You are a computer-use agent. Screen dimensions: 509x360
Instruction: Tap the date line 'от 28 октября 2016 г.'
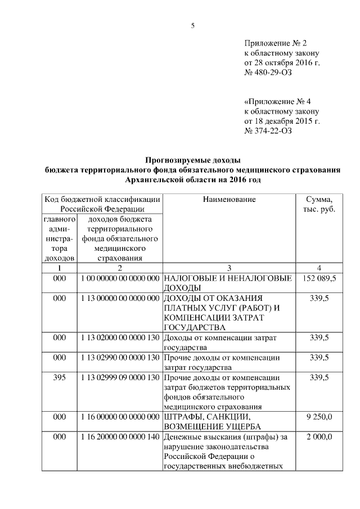282,62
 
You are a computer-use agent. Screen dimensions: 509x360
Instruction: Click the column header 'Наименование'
229,200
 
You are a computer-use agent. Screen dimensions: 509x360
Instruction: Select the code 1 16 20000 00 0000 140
119,437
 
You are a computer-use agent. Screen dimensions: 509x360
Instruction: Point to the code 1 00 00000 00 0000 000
119,278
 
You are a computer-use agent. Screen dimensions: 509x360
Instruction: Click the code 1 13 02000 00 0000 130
119,337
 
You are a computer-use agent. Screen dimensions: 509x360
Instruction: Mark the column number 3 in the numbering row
229,268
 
